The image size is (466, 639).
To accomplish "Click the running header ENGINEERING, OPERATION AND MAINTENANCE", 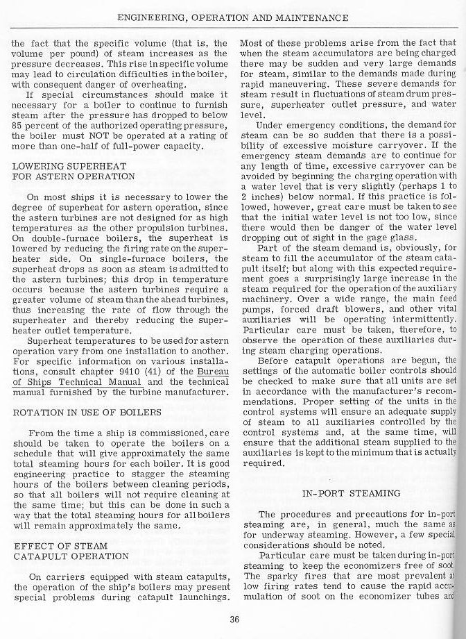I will [x=233, y=17].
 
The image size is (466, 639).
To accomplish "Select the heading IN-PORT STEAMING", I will [x=352, y=493].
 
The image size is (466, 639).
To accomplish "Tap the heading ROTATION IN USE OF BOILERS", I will [x=87, y=412].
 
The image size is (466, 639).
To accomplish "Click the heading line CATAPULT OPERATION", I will [x=71, y=556].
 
